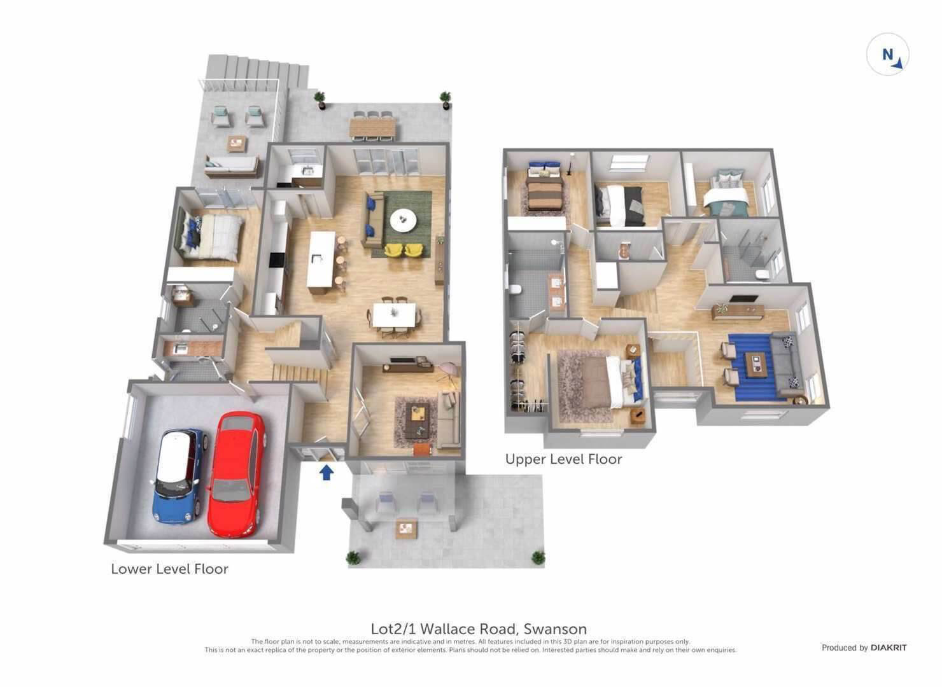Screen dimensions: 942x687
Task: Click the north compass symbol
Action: pos(888,55)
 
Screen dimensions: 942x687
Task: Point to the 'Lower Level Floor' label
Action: pos(169,569)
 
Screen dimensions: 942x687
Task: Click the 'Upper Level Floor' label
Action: pos(563,459)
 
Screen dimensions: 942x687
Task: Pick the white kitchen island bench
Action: pos(320,259)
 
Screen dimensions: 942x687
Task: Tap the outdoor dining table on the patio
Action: pos(373,126)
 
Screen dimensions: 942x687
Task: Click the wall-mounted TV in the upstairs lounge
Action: pos(743,299)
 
